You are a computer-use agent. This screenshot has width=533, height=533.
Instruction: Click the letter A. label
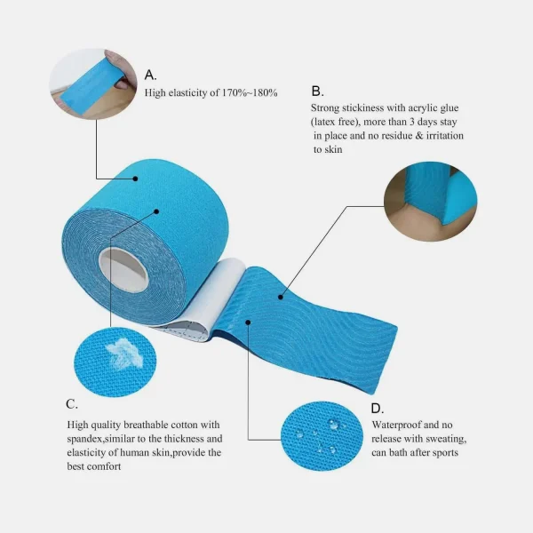(x=151, y=75)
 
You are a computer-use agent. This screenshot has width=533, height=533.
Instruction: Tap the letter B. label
(x=317, y=91)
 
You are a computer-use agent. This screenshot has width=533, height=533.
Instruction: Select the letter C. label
(x=72, y=404)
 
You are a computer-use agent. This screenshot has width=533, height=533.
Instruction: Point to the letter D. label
(x=378, y=409)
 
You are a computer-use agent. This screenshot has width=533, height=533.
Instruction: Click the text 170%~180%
(x=250, y=92)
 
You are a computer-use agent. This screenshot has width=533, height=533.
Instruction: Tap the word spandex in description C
(x=84, y=439)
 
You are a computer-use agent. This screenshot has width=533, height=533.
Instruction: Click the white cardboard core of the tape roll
(x=123, y=269)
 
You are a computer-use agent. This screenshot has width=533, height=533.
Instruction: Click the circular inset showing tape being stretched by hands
(x=93, y=84)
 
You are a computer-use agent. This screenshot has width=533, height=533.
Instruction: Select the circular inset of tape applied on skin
(x=430, y=202)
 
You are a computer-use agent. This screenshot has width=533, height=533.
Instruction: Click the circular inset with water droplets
(x=322, y=436)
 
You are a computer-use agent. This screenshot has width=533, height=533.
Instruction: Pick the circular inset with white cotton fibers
(x=115, y=362)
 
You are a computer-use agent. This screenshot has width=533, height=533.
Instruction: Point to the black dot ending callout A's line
(x=135, y=179)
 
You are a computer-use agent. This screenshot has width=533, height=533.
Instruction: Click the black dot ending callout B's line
(x=281, y=297)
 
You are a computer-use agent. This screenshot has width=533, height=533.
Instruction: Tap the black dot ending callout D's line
(x=248, y=322)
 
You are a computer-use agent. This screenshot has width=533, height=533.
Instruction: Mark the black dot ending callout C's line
(x=156, y=211)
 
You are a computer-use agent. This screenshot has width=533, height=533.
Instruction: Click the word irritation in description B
(x=445, y=136)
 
